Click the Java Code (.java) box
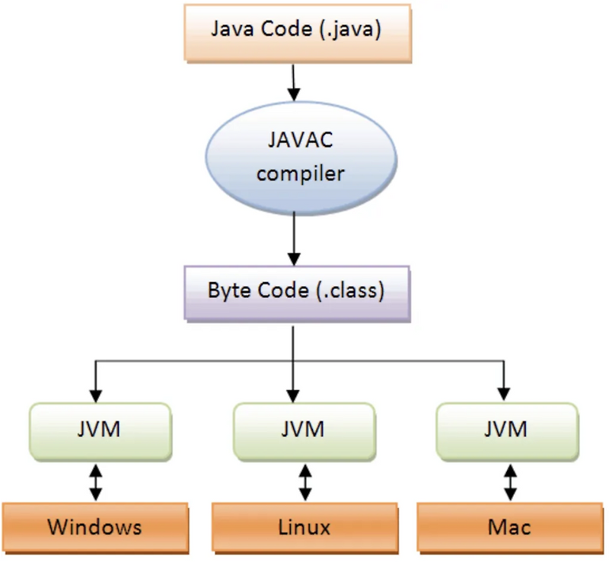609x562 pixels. pos(296,33)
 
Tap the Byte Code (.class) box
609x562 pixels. pos(296,291)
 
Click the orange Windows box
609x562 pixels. pos(94,526)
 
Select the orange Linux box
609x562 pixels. pos(305,526)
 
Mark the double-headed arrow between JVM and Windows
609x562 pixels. pos(96,481)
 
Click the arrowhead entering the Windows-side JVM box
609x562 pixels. pos(96,394)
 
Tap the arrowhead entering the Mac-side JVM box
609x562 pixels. pos(503,394)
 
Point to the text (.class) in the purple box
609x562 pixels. pos(349,291)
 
